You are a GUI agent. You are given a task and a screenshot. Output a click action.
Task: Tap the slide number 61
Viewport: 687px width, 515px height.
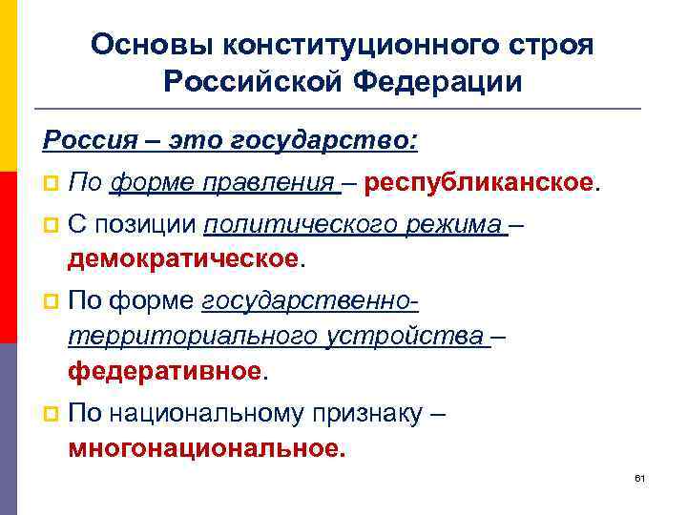coord(640,477)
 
